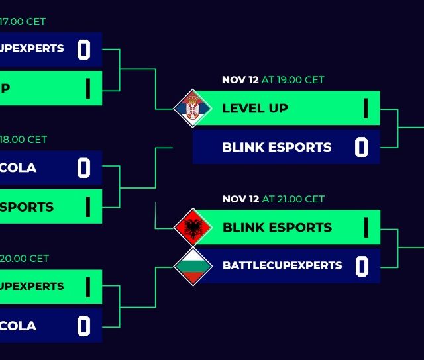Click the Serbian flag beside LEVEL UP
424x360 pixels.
[192, 107]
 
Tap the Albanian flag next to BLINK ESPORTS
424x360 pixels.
[193, 227]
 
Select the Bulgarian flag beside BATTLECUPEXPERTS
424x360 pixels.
[193, 266]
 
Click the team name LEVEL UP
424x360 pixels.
[255, 108]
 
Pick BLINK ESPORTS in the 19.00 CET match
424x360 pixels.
[277, 147]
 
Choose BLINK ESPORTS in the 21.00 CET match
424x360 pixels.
[277, 227]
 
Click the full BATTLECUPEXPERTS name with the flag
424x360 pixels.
[282, 266]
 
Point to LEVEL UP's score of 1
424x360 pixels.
[365, 108]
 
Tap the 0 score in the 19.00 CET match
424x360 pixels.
[361, 147]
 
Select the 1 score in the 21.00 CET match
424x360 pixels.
[365, 227]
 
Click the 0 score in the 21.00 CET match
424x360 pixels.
[361, 266]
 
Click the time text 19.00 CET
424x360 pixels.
[293, 80]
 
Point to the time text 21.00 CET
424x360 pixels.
[293, 199]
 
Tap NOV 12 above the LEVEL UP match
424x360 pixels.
[240, 80]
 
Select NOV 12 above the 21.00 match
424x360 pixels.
[240, 199]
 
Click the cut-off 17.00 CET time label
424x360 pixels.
[24, 22]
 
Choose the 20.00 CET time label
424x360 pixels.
[25, 259]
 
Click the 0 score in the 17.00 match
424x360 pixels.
[83, 50]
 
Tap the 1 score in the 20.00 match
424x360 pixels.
[87, 287]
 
